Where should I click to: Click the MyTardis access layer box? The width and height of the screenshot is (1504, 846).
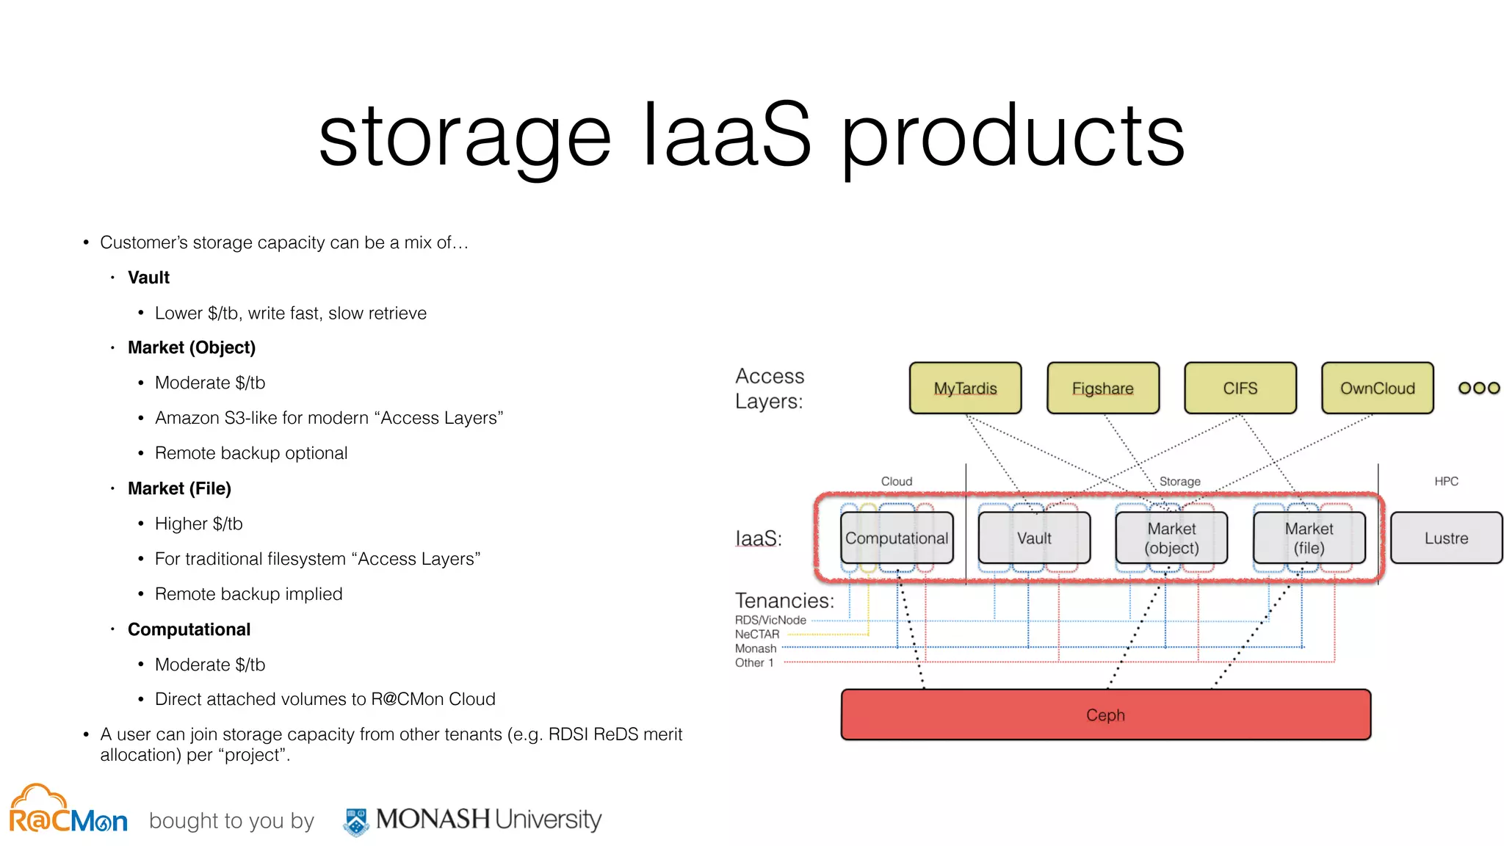(965, 388)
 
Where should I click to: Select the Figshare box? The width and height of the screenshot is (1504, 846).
(1102, 388)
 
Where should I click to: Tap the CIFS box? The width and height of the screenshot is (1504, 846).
(1240, 388)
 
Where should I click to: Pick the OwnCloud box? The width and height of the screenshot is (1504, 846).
(1377, 388)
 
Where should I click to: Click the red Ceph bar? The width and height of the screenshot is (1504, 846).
(1105, 715)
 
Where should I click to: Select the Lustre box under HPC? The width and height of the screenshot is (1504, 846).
(1446, 538)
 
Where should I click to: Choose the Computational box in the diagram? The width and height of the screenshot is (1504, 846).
(897, 538)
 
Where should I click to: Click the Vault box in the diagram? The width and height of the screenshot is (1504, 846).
(1034, 538)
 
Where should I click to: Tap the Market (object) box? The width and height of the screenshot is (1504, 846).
(1171, 538)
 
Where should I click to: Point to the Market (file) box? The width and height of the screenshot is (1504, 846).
(1309, 538)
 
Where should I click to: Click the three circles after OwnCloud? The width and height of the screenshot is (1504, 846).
(1479, 388)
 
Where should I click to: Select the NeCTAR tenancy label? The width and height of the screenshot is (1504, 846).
(757, 634)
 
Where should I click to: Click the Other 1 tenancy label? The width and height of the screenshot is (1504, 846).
(754, 662)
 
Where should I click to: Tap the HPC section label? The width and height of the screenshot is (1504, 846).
(1446, 481)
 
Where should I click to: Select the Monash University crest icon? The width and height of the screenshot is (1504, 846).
(356, 821)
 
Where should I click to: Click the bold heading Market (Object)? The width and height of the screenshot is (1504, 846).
(191, 347)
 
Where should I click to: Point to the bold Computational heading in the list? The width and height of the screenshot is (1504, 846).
(189, 629)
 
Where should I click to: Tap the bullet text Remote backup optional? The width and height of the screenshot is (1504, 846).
(250, 453)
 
